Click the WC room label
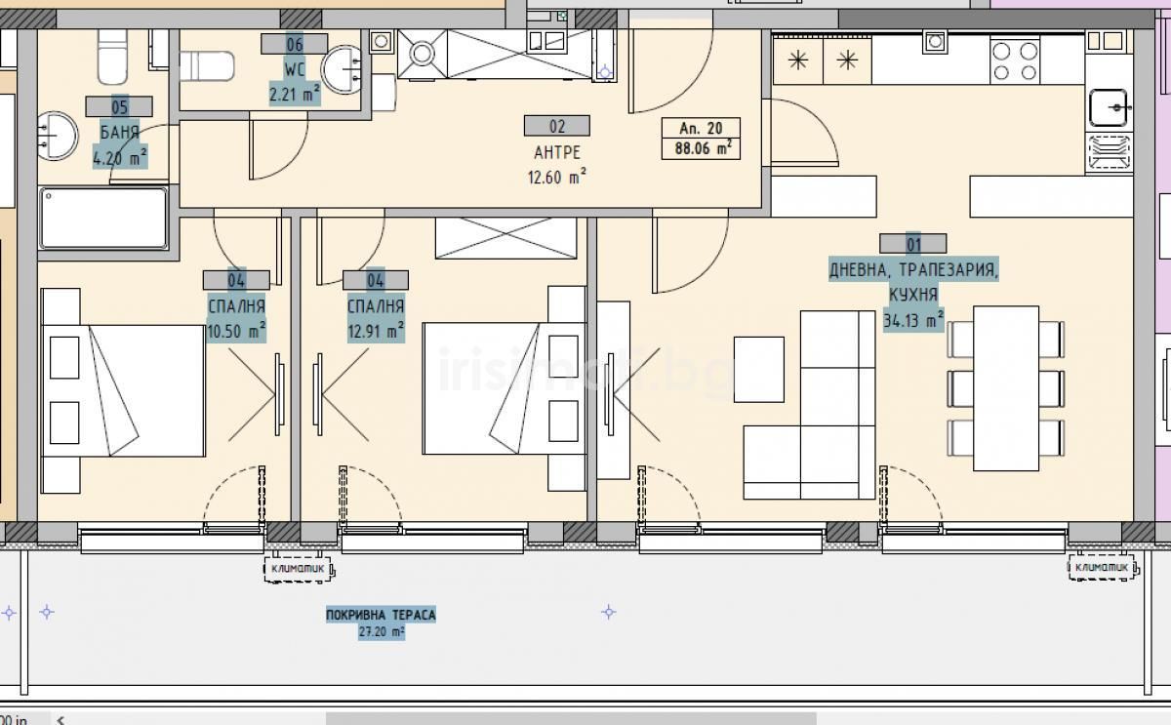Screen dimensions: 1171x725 295,69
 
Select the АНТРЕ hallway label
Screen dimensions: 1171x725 557,152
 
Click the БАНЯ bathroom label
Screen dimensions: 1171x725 120,133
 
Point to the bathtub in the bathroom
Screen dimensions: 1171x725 103,218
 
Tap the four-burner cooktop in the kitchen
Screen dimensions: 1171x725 1015,61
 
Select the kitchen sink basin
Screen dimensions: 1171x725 1109,107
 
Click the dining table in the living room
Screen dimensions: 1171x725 1006,388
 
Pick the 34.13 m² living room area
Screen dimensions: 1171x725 913,320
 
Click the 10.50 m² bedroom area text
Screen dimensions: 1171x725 236,332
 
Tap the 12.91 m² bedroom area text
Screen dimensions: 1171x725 376,331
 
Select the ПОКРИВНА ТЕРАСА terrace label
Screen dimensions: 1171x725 381,615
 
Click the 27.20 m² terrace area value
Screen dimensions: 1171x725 382,632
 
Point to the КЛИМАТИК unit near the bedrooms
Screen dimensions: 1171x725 299,569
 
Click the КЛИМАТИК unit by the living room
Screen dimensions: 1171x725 1103,568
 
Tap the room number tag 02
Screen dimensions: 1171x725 557,127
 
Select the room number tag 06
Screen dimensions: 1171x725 295,45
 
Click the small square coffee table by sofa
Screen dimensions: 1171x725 758,370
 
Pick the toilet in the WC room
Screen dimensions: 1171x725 207,66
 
